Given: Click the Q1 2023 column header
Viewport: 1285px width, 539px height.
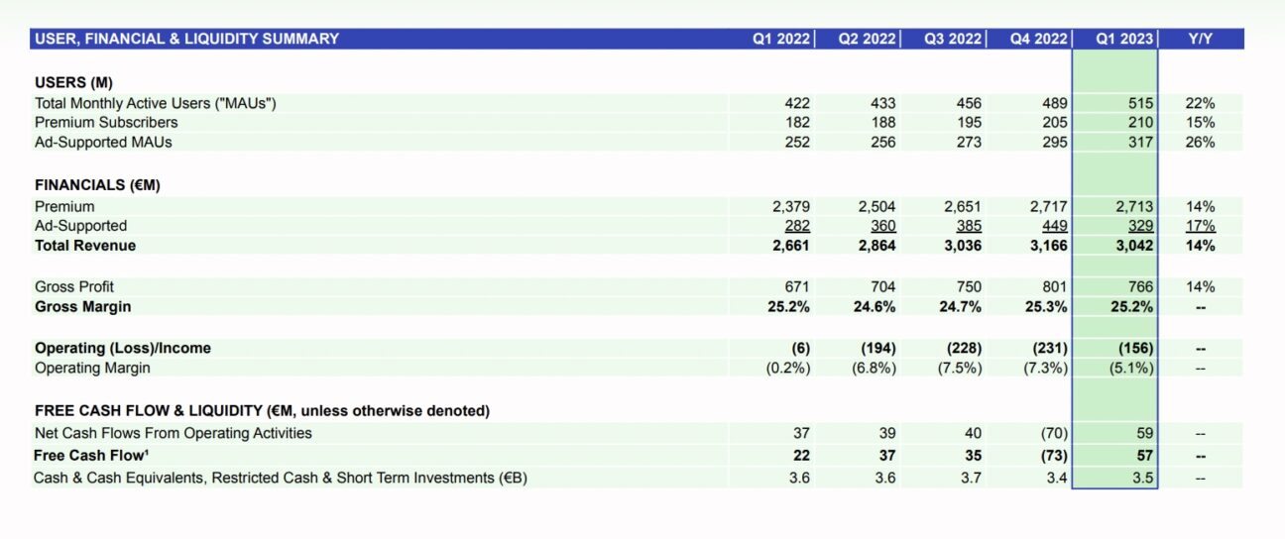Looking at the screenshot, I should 1124,39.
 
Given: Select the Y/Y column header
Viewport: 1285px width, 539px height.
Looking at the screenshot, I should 1201,39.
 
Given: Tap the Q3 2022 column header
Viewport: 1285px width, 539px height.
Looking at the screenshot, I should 953,39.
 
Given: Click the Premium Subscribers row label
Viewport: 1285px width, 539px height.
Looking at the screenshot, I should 106,123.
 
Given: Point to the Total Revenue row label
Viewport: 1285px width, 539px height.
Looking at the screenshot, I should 85,246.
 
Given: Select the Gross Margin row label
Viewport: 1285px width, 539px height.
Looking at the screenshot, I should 82,306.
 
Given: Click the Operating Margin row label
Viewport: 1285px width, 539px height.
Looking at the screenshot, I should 93,368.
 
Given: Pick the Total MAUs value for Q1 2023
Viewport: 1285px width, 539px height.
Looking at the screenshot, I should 1140,103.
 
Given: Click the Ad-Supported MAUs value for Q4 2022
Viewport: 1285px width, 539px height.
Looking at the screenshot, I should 1054,142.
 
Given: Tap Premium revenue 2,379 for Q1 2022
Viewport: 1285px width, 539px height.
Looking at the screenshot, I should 790,207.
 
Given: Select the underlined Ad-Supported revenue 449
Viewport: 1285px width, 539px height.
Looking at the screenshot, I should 1054,226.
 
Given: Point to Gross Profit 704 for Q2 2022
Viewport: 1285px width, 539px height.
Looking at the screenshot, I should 882,286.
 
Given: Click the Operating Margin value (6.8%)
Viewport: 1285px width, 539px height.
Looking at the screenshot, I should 874,368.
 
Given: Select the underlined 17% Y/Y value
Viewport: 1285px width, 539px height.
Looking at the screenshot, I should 1200,226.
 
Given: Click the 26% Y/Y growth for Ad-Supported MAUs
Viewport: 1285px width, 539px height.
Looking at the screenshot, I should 1200,142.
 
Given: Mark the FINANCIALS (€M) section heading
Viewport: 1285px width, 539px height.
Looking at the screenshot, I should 97,185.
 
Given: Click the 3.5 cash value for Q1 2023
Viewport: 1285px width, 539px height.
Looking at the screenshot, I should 1142,478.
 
